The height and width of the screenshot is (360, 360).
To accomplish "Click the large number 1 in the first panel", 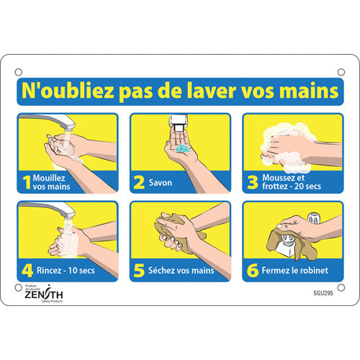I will click(x=27, y=182).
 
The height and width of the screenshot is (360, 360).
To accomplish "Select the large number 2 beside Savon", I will click(x=139, y=182).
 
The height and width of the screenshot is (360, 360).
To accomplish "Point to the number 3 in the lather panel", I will click(x=252, y=182).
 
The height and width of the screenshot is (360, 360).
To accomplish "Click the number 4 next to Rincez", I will click(x=27, y=271).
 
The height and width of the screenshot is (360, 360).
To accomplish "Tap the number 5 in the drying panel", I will click(x=139, y=271).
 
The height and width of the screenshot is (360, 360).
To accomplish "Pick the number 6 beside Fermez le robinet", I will click(x=252, y=271).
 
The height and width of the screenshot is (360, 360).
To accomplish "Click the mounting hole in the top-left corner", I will click(x=18, y=71).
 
